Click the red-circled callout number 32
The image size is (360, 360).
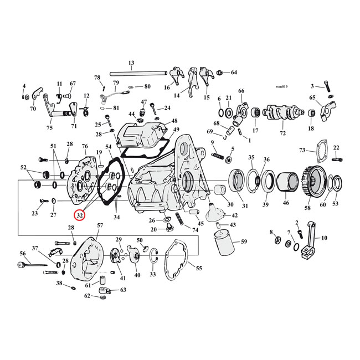80,214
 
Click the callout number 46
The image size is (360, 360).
286,203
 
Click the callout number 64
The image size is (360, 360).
234,73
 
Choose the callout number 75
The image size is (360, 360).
49,128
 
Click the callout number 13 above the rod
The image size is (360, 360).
131,63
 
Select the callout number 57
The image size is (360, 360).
100,225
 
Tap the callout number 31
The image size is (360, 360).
245,205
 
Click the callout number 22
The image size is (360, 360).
336,148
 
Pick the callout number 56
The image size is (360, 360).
23,253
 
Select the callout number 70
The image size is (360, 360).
33,109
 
